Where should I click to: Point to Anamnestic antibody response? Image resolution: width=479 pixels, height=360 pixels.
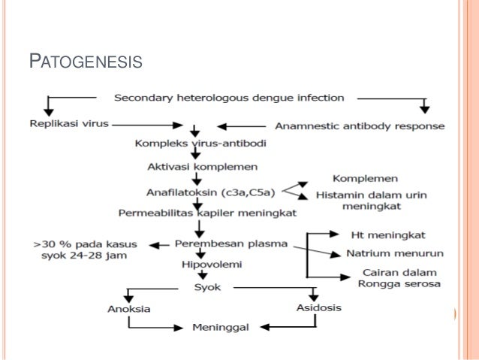pos(359,126)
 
